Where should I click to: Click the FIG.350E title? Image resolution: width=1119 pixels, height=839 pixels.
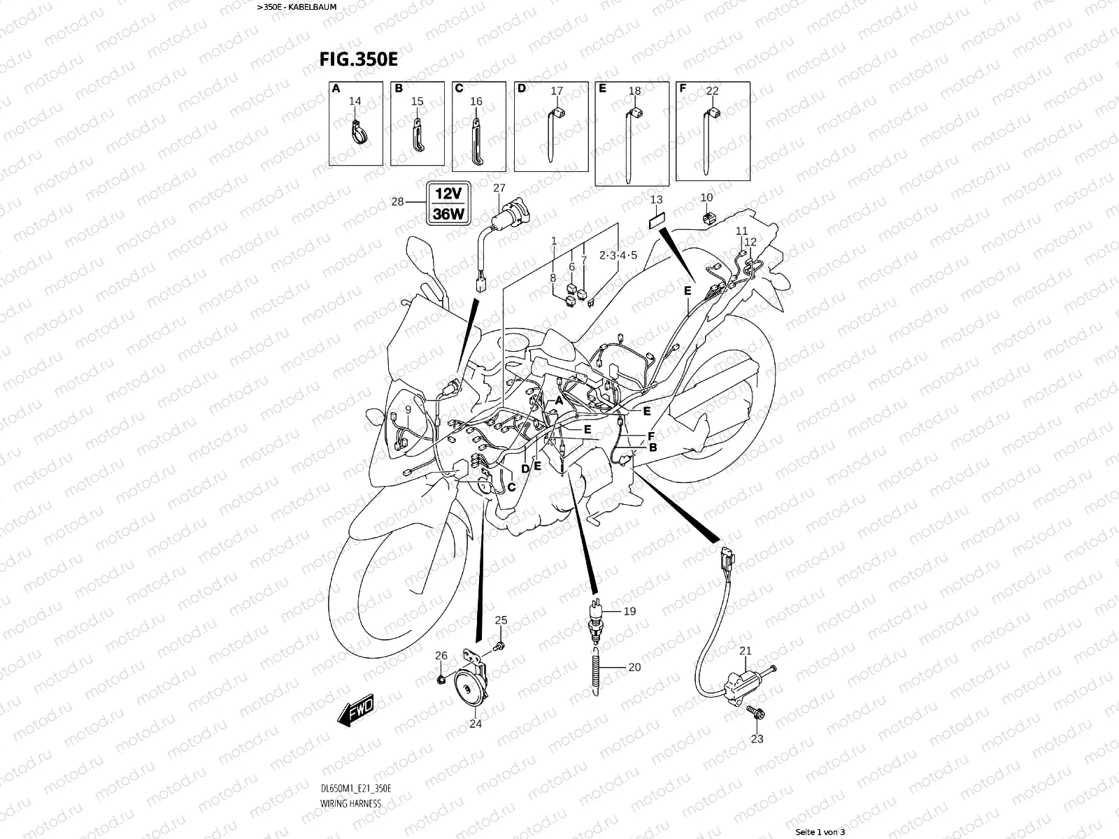tap(359, 59)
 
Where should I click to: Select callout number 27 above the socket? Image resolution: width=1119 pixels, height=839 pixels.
tap(499, 187)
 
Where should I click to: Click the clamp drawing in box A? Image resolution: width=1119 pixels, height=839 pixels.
tap(357, 129)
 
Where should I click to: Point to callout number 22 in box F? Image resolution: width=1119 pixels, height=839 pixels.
tap(712, 91)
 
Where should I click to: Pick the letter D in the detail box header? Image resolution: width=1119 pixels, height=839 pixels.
tap(521, 89)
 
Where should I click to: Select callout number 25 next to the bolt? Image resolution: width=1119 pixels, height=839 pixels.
tap(501, 620)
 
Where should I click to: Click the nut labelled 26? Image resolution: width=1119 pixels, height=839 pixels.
tap(441, 679)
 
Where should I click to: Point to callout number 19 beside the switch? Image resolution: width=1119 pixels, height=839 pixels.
tap(629, 611)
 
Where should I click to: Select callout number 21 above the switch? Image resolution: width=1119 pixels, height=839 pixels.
tap(746, 650)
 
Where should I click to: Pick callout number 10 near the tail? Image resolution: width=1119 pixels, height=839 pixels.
tap(706, 198)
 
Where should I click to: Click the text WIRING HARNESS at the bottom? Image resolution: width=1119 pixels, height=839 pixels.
tap(350, 803)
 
